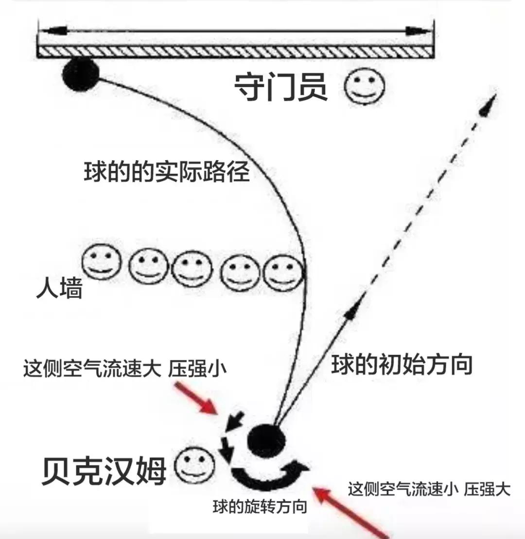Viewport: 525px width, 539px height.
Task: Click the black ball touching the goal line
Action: (x=80, y=74)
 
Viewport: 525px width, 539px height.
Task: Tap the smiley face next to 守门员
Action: (x=365, y=88)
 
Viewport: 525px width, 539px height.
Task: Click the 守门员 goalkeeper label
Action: (x=281, y=87)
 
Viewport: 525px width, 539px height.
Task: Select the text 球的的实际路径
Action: (x=167, y=172)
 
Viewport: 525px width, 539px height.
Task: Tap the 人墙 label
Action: (x=59, y=289)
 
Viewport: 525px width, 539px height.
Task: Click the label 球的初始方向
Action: (x=402, y=365)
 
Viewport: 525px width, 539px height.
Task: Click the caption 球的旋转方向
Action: (x=260, y=507)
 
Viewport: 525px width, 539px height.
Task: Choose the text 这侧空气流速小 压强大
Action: (x=429, y=489)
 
